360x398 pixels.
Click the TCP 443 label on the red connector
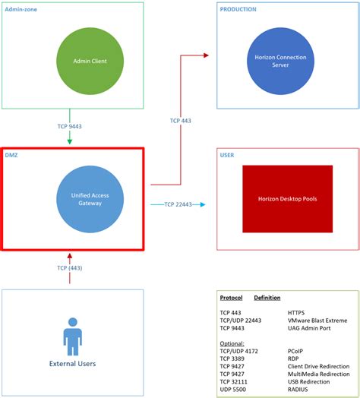(x=180, y=121)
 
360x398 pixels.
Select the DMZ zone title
(x=14, y=155)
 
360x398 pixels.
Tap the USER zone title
(x=227, y=156)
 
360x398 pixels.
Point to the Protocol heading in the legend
(x=232, y=297)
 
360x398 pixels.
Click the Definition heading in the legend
(x=267, y=297)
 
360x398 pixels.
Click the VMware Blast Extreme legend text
(x=317, y=320)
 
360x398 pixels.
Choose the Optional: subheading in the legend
(x=233, y=343)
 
